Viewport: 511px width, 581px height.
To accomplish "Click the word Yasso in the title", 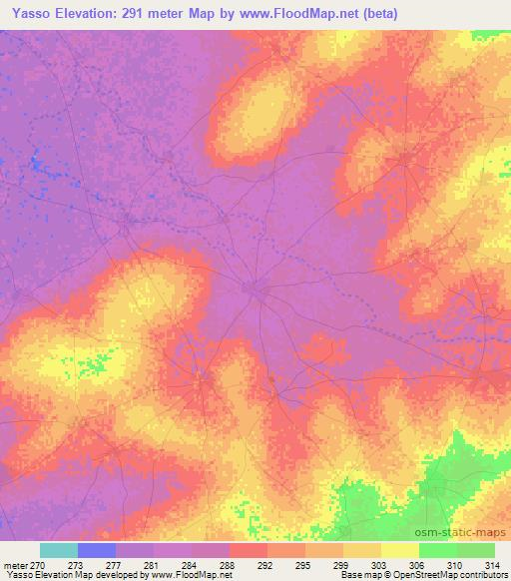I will pos(26,12).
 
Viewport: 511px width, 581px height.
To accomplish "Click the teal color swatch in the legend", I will pos(59,550).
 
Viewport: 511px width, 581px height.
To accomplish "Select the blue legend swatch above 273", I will pos(97,550).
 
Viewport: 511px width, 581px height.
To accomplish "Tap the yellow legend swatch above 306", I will pos(399,550).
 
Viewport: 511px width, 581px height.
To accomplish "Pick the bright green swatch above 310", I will pos(437,550).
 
